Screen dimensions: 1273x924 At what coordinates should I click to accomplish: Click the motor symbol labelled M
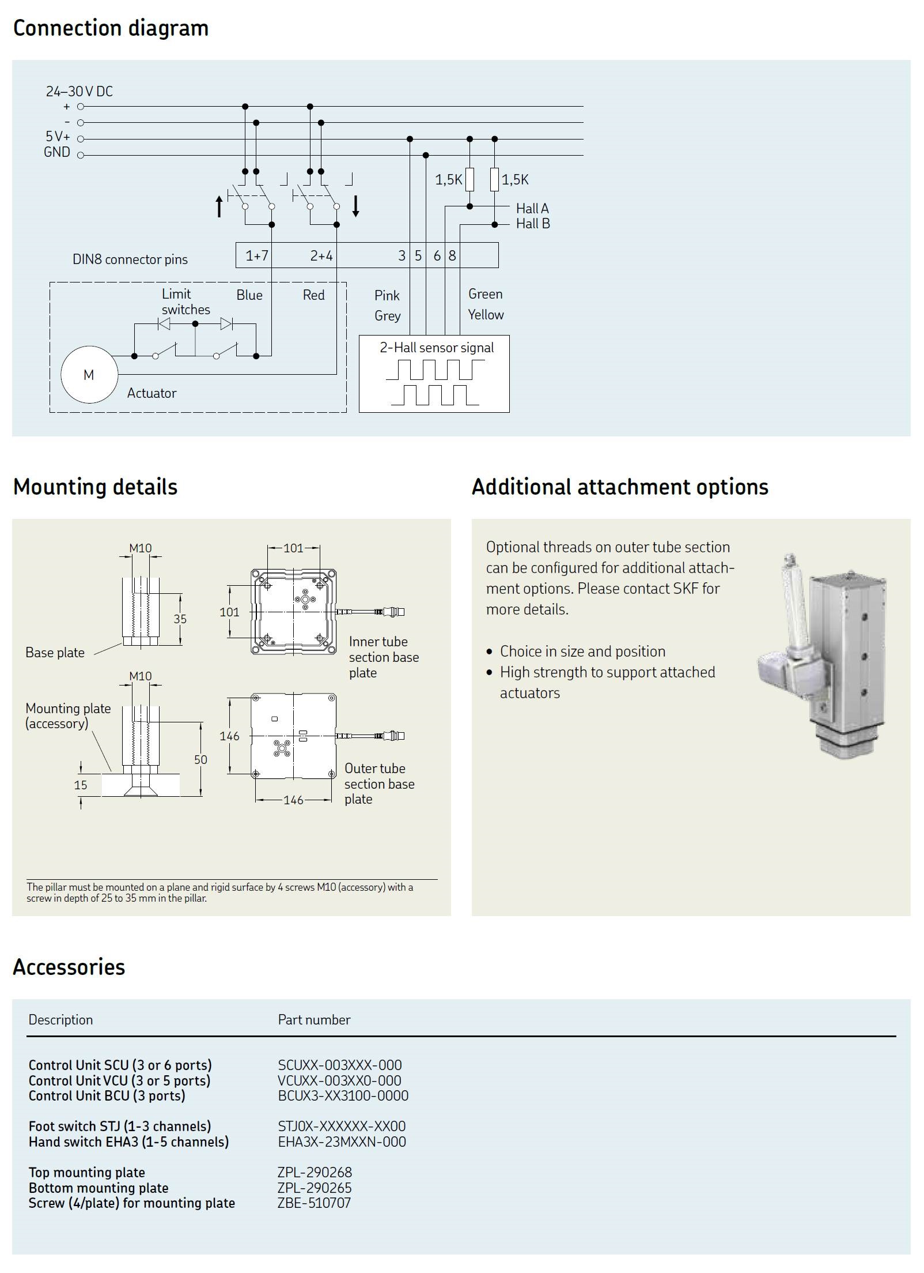pyautogui.click(x=89, y=375)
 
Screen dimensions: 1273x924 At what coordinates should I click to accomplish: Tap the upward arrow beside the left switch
pyautogui.click(x=219, y=206)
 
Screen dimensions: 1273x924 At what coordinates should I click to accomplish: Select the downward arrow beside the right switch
pyautogui.click(x=356, y=206)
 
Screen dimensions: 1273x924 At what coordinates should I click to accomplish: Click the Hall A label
pyautogui.click(x=532, y=208)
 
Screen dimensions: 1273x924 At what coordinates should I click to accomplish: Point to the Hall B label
pyautogui.click(x=533, y=224)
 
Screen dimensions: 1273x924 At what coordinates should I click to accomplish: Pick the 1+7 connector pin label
pyautogui.click(x=257, y=255)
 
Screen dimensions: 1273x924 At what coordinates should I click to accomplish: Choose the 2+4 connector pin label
pyautogui.click(x=321, y=255)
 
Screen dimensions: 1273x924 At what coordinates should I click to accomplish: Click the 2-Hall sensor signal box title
pyautogui.click(x=437, y=348)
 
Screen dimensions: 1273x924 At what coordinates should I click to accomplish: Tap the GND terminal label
pyautogui.click(x=57, y=152)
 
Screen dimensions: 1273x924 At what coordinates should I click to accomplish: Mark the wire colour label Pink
pyautogui.click(x=387, y=296)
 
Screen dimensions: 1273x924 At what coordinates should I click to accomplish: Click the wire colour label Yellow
pyautogui.click(x=486, y=315)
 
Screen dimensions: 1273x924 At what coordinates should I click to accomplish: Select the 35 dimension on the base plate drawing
pyautogui.click(x=180, y=619)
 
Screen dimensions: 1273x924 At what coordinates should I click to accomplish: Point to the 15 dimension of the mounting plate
pyautogui.click(x=81, y=785)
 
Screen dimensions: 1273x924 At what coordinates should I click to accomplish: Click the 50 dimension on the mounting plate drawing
pyautogui.click(x=200, y=759)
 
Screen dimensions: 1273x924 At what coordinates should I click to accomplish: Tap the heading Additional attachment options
pyautogui.click(x=620, y=487)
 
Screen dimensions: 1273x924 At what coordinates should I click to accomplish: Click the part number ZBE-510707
pyautogui.click(x=315, y=1203)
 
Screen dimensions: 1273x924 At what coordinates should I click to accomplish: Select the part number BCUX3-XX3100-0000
pyautogui.click(x=343, y=1096)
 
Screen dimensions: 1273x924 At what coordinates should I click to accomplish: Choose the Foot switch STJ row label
pyautogui.click(x=120, y=1126)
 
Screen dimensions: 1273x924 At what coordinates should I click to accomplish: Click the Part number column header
pyautogui.click(x=314, y=1020)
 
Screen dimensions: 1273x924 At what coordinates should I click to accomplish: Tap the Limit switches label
pyautogui.click(x=185, y=302)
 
